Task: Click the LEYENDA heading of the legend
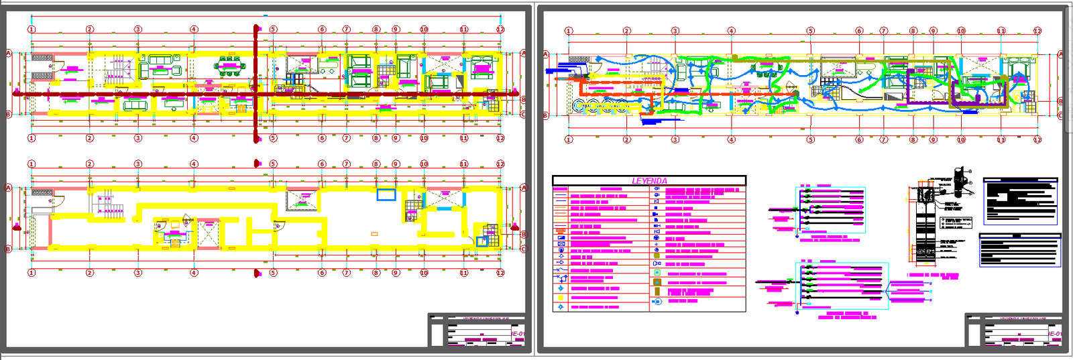[x=649, y=181]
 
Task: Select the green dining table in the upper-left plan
[x=229, y=67]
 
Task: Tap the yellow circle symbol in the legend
[x=561, y=298]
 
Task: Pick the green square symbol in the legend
[x=657, y=273]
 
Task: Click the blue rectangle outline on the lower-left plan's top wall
[x=386, y=194]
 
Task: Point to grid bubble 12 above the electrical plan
[x=1037, y=31]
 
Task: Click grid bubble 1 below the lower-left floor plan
[x=31, y=273]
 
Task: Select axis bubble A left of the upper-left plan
[x=9, y=53]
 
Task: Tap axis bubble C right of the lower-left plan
[x=523, y=249]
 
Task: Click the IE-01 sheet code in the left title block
[x=517, y=333]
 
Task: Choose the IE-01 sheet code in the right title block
[x=1054, y=333]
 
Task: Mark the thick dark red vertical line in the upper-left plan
[x=256, y=84]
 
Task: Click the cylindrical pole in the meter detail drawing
[x=959, y=178]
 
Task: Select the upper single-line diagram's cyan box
[x=830, y=210]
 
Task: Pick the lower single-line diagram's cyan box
[x=842, y=285]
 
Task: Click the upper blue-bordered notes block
[x=1020, y=201]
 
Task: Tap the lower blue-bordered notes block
[x=1020, y=250]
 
